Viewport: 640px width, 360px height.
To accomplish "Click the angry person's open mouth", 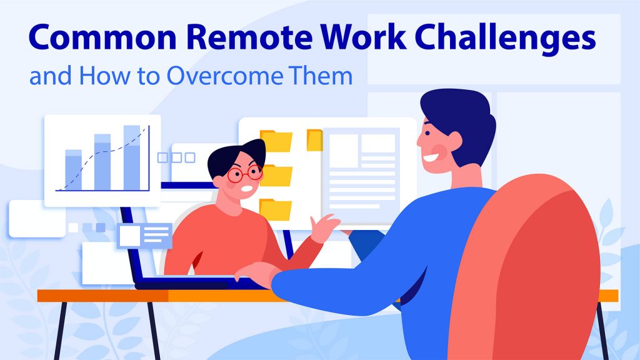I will click(248, 188).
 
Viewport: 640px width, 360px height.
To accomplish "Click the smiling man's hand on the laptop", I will click(253, 272).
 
